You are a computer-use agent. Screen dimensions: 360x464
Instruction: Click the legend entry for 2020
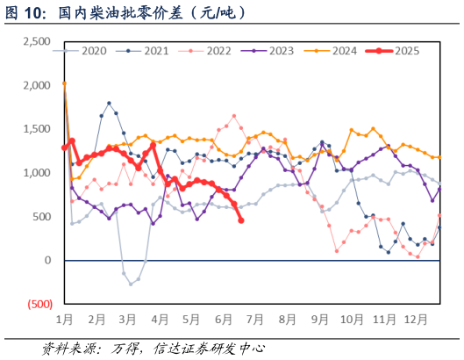[x=88, y=51]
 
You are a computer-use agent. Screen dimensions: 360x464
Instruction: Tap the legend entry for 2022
[x=213, y=51]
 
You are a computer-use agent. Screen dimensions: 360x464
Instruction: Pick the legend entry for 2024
[x=339, y=51]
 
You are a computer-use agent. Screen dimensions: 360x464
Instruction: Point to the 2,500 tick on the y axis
[x=36, y=41]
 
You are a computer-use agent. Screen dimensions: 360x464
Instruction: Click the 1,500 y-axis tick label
[x=36, y=129]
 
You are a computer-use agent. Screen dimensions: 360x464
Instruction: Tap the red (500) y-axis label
[x=38, y=304]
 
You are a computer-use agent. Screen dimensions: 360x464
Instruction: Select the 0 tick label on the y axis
[x=47, y=261]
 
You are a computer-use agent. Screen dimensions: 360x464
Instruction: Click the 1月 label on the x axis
[x=64, y=319]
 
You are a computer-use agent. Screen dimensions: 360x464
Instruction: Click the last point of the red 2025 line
[x=241, y=220]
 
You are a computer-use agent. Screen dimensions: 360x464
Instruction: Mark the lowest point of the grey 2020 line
[x=131, y=284]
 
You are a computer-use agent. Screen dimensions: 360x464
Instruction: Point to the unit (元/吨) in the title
[x=217, y=14]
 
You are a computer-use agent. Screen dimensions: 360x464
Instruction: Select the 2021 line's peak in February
[x=110, y=103]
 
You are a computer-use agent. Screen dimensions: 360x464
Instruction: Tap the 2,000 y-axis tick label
[x=36, y=85]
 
